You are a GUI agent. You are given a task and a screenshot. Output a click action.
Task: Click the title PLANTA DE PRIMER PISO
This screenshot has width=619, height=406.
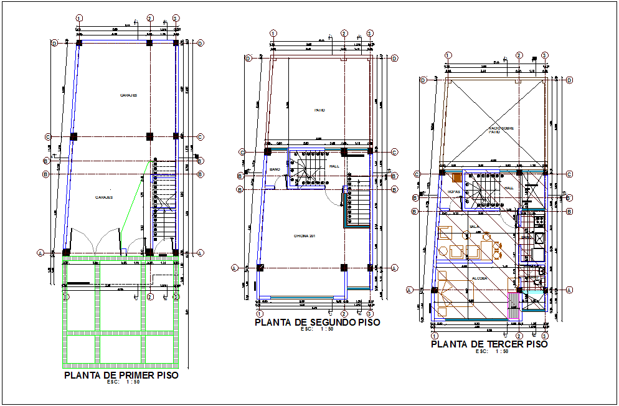121,375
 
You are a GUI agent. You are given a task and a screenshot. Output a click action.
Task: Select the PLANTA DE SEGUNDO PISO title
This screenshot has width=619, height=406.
317,322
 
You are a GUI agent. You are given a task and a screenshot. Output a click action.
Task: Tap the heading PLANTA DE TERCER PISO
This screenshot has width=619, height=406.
489,344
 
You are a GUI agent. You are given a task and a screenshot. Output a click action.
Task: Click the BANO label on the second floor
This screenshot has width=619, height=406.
275,169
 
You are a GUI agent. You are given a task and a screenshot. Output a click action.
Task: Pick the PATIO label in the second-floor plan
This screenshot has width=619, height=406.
319,110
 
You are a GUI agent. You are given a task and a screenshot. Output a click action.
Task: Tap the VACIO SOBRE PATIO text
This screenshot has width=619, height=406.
495,130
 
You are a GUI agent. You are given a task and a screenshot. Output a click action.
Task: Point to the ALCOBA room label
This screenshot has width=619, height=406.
479,278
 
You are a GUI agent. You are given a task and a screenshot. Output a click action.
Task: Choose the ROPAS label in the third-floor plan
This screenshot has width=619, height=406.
453,191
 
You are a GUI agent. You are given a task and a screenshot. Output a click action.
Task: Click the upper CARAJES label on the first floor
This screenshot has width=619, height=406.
129,95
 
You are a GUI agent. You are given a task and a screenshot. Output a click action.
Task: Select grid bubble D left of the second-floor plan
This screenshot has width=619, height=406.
248,59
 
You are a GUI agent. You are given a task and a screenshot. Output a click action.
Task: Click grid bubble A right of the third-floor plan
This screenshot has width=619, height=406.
570,290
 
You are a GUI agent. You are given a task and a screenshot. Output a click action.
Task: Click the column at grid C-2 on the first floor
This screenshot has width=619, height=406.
149,136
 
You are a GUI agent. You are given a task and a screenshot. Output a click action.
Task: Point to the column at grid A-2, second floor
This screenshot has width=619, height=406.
344,268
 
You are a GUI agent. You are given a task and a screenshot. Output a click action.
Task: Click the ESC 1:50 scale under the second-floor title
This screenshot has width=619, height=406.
316,330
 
